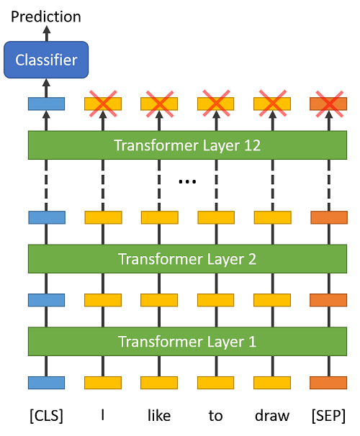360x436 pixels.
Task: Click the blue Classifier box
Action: click(x=46, y=60)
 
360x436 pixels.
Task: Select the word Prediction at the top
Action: click(x=46, y=16)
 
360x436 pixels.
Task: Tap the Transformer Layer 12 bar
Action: click(x=186, y=145)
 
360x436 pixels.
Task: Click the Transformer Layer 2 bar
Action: click(x=186, y=258)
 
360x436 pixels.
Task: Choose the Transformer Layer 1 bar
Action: click(x=186, y=341)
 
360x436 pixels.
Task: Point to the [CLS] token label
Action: click(x=46, y=416)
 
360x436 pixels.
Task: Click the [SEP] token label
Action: click(x=328, y=416)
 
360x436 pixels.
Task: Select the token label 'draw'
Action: click(x=272, y=416)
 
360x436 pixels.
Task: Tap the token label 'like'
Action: click(x=159, y=416)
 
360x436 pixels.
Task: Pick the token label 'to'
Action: click(x=215, y=416)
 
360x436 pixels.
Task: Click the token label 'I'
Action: click(x=103, y=416)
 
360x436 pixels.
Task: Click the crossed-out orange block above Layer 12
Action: click(x=328, y=104)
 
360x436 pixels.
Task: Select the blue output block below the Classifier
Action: click(x=46, y=104)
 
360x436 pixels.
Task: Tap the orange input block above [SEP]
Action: click(x=328, y=383)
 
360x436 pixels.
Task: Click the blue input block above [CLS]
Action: click(x=46, y=383)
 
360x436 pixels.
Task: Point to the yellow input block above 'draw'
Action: click(x=272, y=383)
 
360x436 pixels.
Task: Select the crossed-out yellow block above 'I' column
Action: click(x=103, y=104)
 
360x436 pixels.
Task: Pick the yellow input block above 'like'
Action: click(x=159, y=383)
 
